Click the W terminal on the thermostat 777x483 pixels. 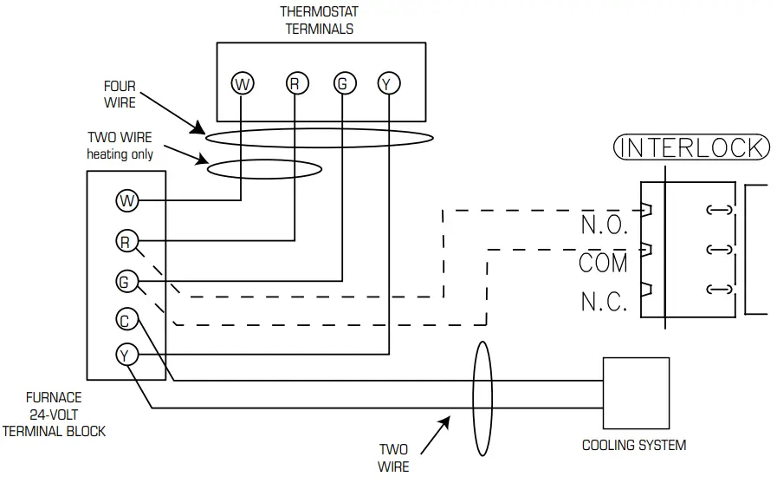(243, 83)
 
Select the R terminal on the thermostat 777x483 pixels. (295, 83)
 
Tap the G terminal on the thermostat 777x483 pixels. (343, 83)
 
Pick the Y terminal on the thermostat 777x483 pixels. (387, 83)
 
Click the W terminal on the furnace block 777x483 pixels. (127, 201)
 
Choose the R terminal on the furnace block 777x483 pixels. (127, 240)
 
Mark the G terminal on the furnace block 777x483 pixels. (127, 281)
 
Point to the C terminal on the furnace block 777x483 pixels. (127, 320)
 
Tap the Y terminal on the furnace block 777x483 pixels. (127, 355)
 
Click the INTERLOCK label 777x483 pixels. (690, 147)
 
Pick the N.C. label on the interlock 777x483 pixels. (604, 303)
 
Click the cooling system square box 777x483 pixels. (637, 392)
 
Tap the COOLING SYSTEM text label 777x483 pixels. (633, 445)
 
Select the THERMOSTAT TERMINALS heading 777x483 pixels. (319, 20)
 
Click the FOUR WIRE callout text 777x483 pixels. (120, 95)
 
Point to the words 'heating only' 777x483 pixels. (120, 154)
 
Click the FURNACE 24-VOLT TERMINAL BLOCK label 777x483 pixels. (54, 414)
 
